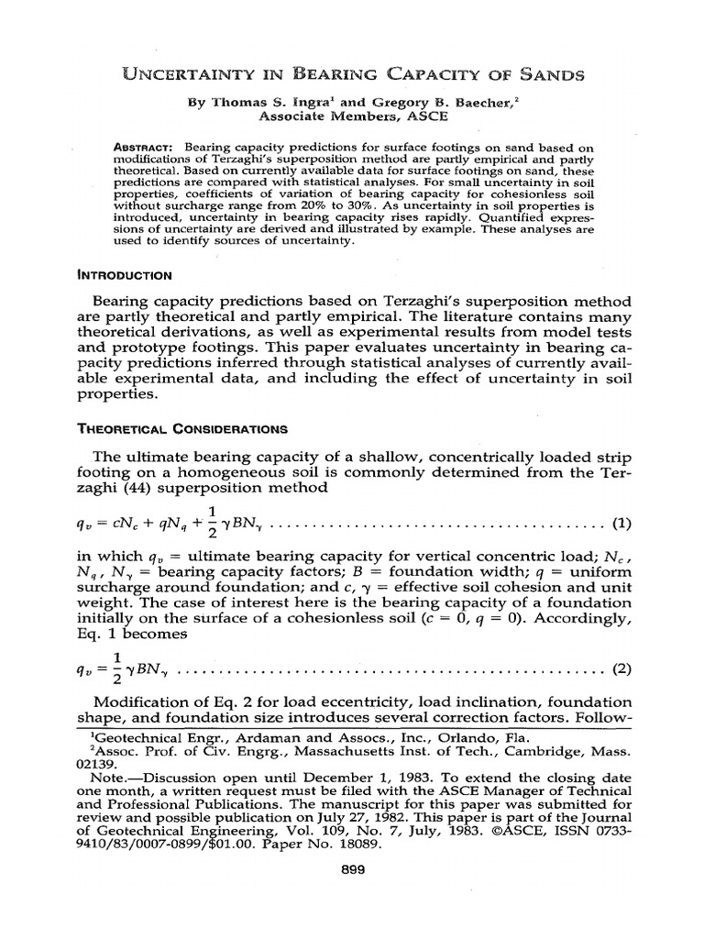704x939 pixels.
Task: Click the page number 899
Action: click(352, 870)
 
